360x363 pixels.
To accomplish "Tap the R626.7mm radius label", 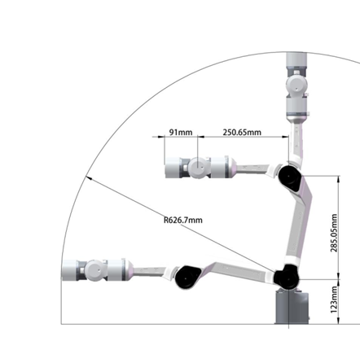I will click(182, 219).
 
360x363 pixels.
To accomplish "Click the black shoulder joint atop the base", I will click(287, 278).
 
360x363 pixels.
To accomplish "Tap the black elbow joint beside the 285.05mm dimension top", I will click(288, 177).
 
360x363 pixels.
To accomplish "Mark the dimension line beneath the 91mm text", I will click(180, 140).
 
